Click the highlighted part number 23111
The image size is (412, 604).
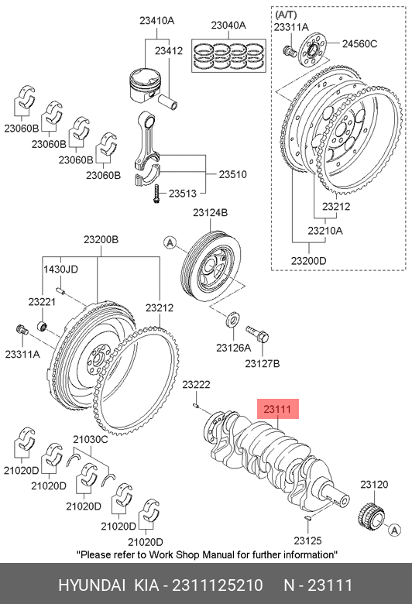277,409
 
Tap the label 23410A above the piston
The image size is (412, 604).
157,20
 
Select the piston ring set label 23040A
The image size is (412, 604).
228,25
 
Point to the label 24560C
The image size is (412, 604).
359,43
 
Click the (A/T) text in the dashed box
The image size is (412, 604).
286,15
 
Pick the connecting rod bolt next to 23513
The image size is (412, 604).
156,194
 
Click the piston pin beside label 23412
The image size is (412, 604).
167,101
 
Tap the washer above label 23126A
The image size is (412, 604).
232,319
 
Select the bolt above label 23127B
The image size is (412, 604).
257,334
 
